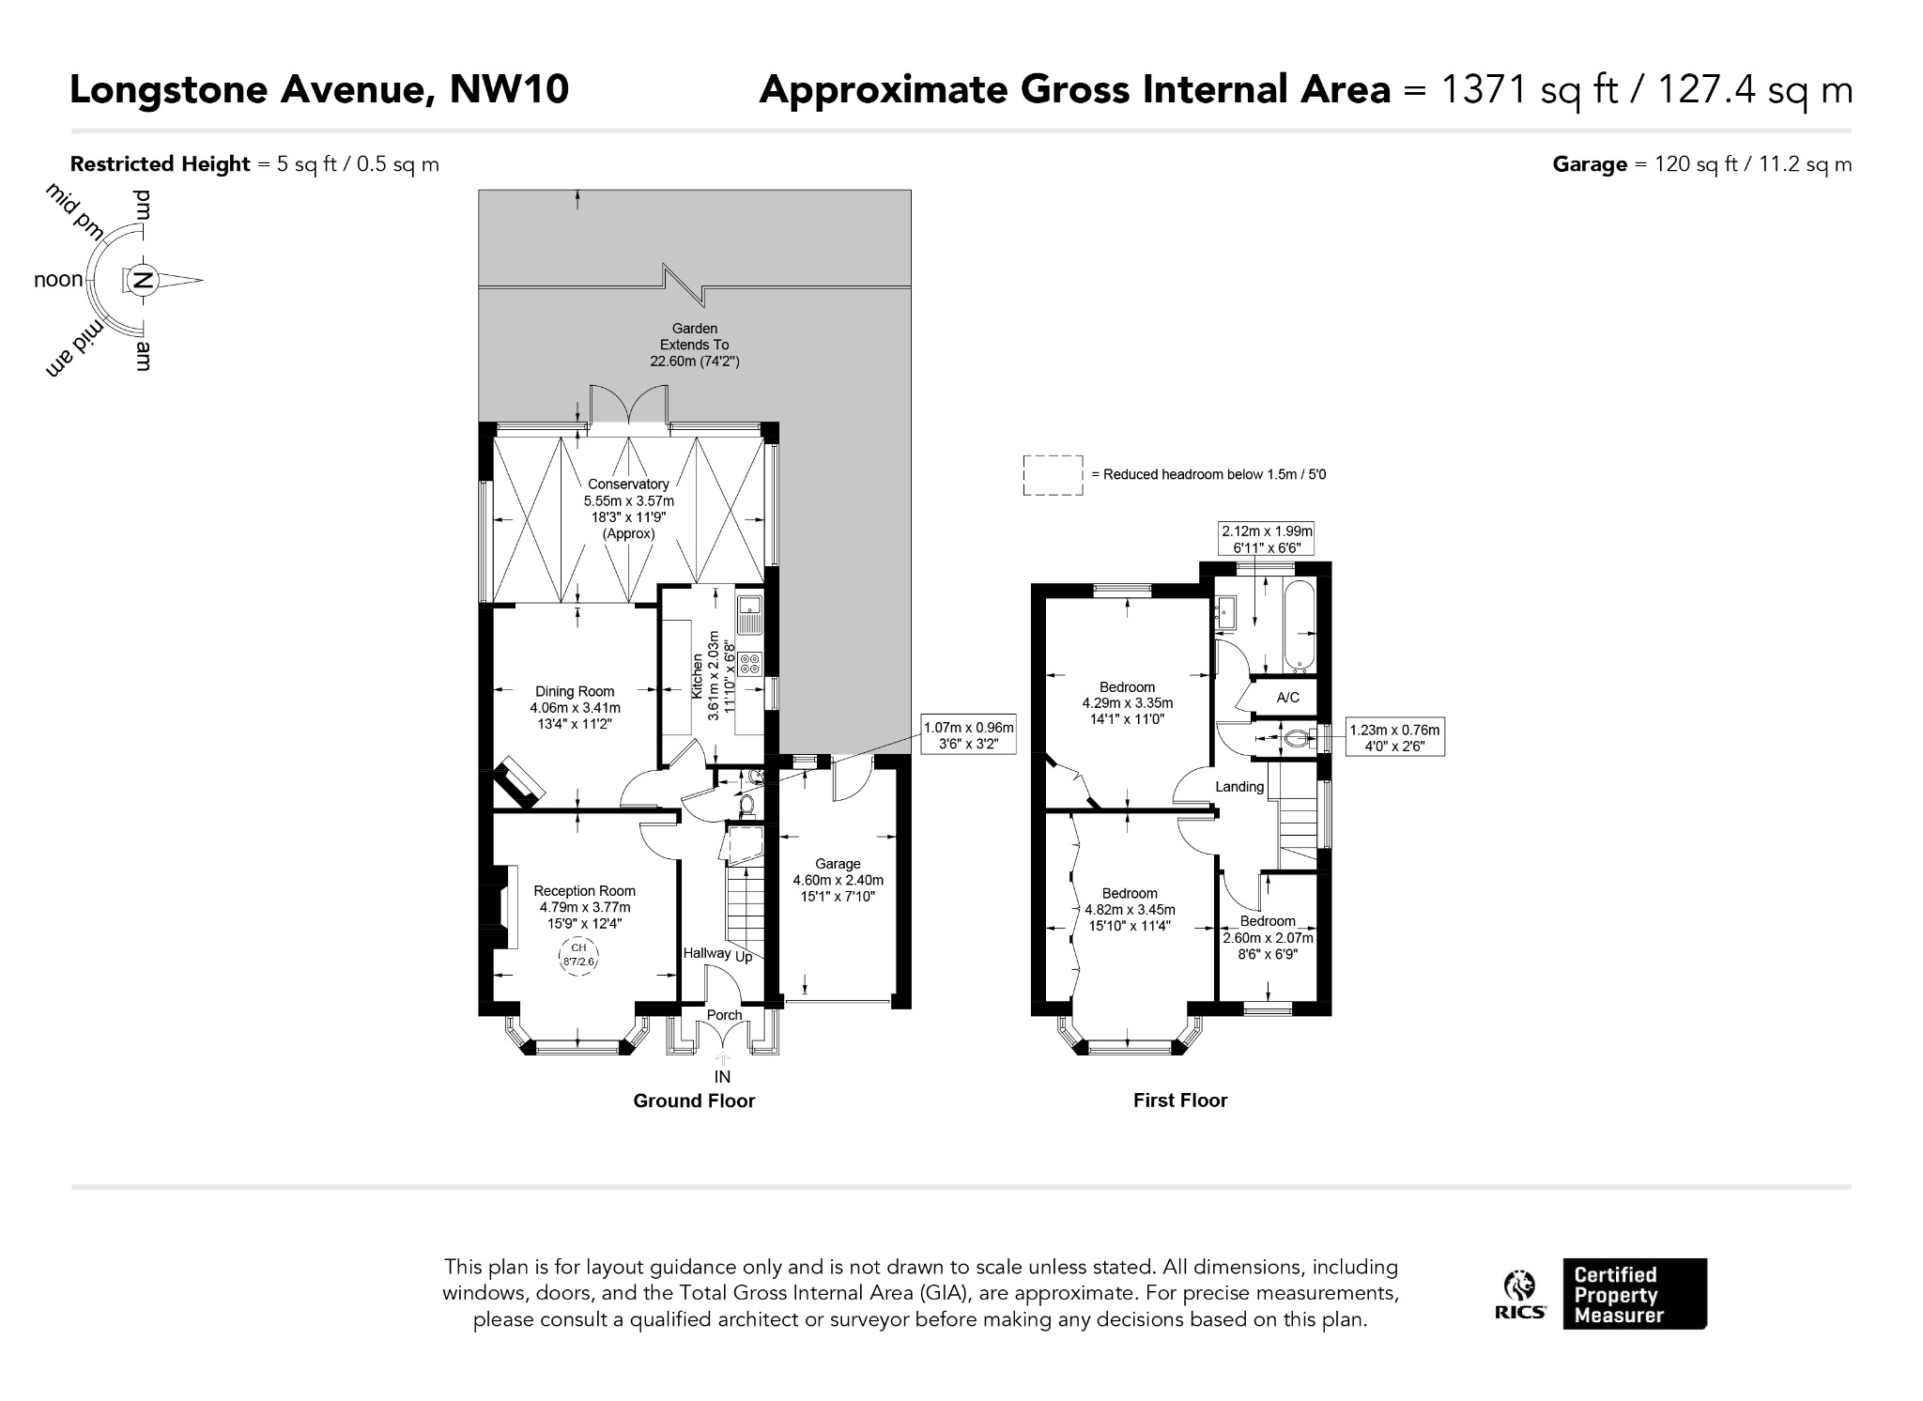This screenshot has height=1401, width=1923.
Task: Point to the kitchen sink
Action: pos(750,614)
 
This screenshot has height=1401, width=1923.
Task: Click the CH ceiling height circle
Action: pos(578,954)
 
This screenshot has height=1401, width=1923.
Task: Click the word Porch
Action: pos(724,1015)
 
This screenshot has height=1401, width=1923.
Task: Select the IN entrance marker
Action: pos(722,1077)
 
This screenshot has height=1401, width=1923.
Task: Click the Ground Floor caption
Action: pos(694,1101)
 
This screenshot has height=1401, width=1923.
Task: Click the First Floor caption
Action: pos(1180,1101)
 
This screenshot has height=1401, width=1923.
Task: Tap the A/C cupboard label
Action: pos(1288,698)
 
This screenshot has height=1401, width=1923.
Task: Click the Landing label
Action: pos(1239,787)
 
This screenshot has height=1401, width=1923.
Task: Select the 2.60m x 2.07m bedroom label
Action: pos(1268,938)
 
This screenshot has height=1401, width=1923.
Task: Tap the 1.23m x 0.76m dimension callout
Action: pos(1394,738)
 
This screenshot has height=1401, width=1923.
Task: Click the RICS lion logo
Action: pos(1520,1296)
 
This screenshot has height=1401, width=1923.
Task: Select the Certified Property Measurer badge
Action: pos(1635,1294)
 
